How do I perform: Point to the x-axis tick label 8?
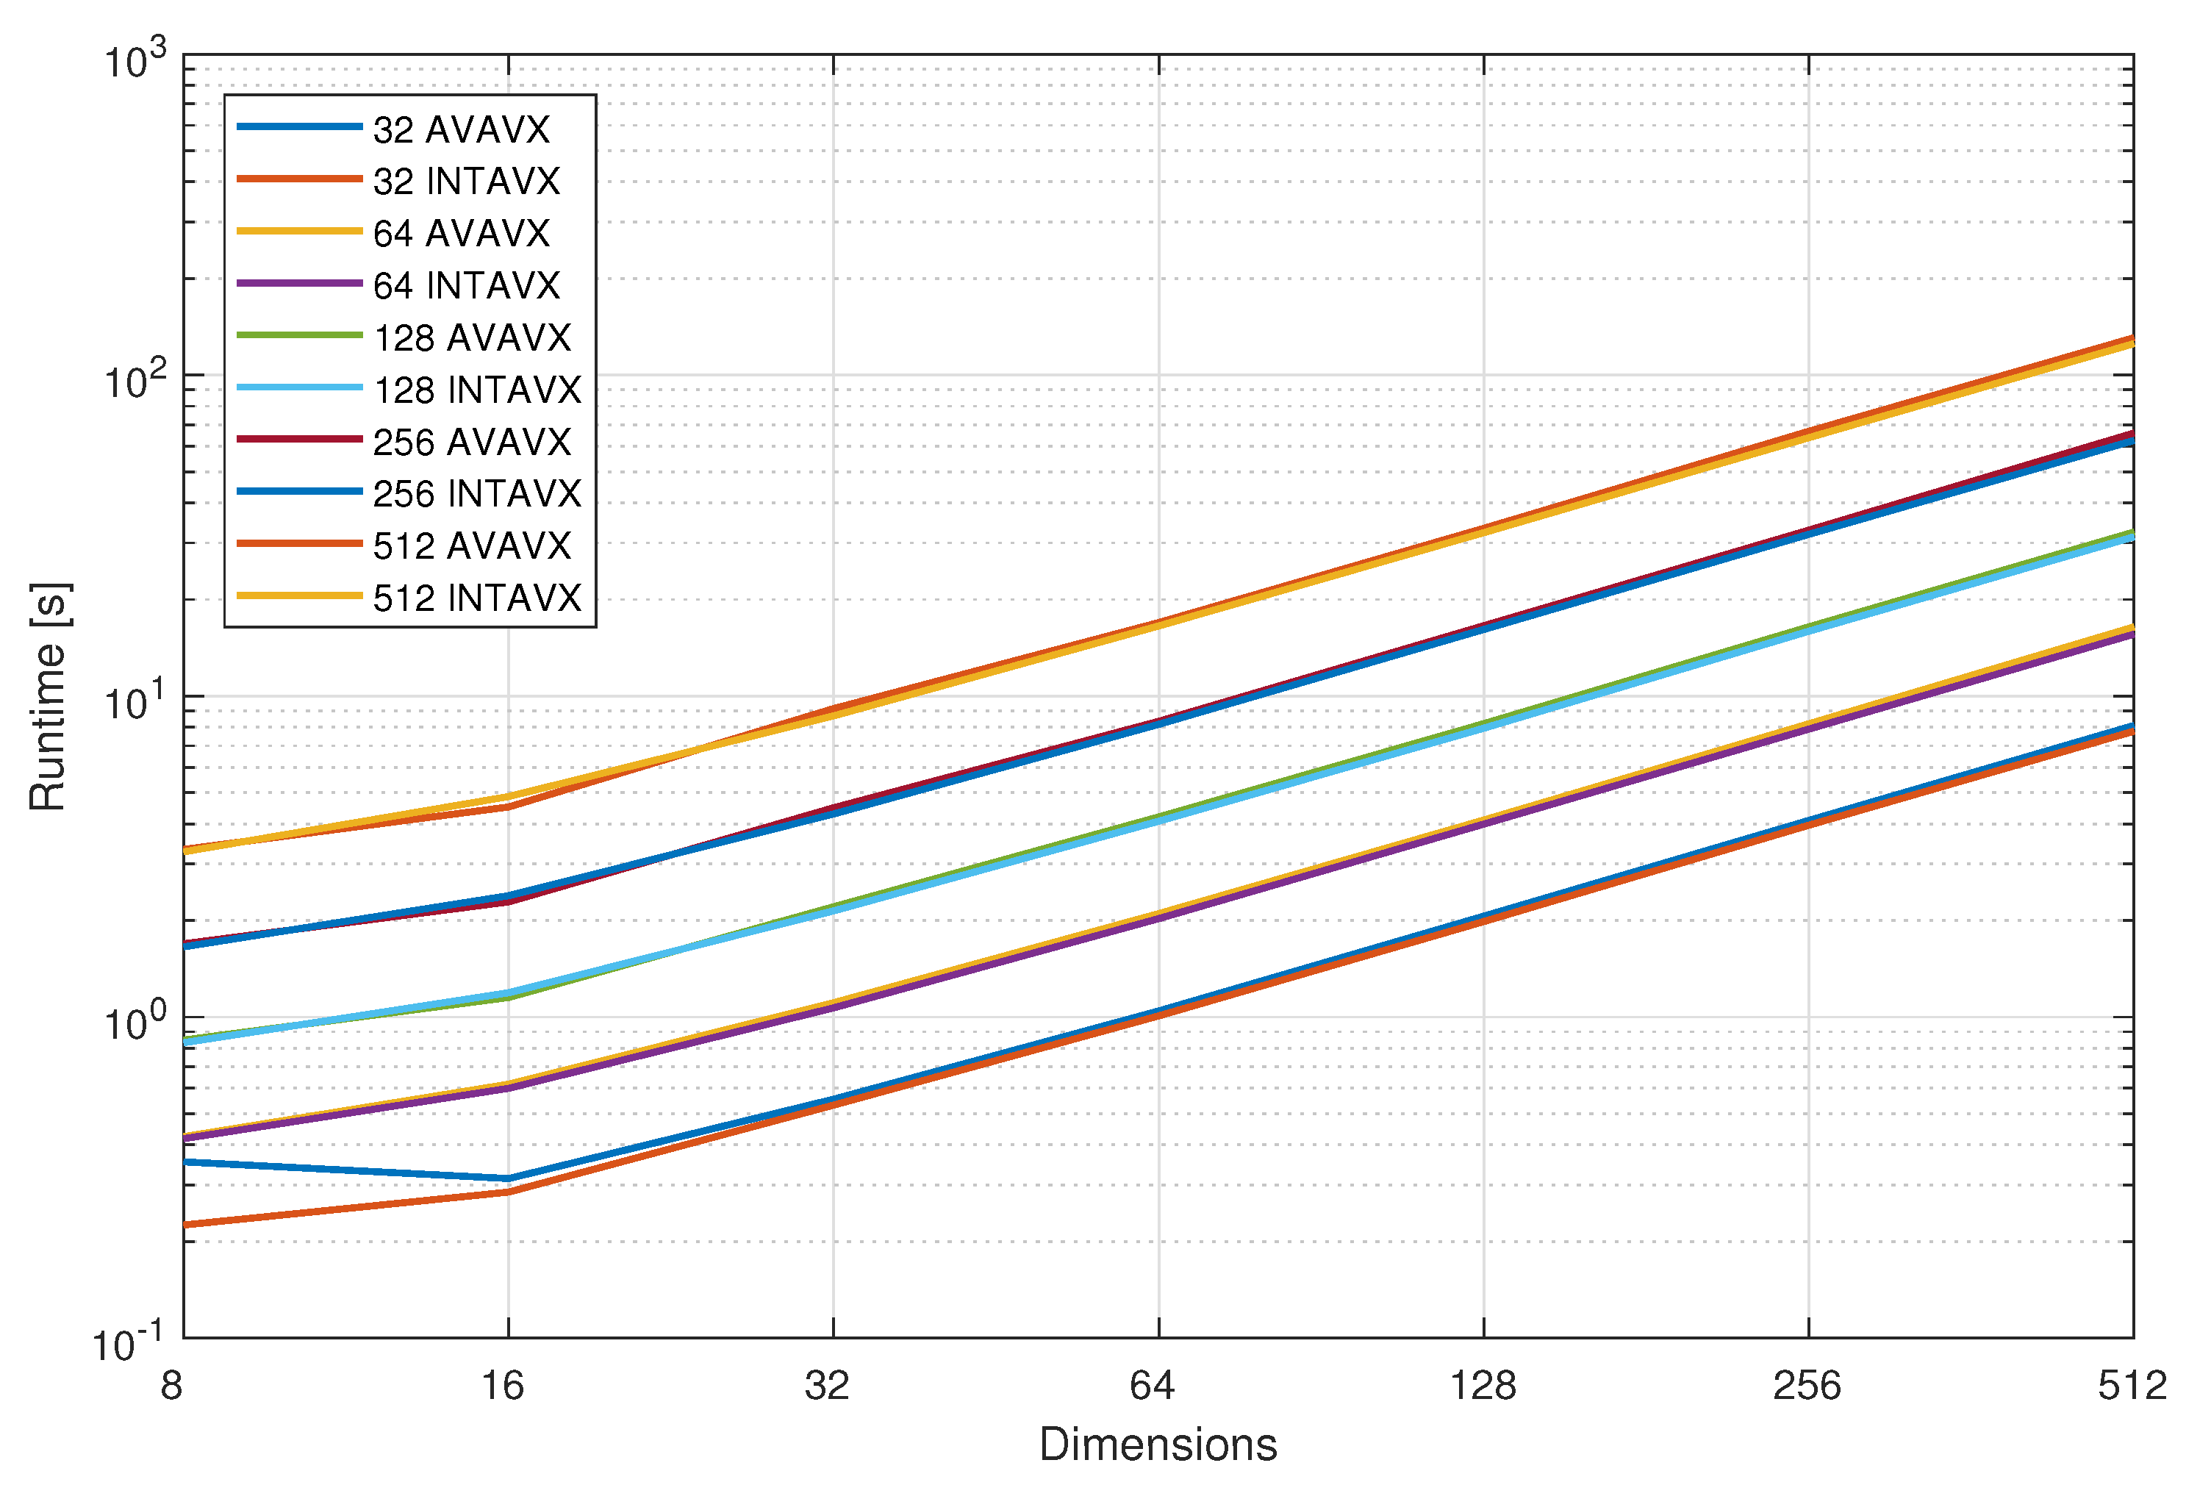(171, 1386)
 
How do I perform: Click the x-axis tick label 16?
(503, 1386)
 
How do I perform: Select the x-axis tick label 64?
(1153, 1386)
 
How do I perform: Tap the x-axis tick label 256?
(1807, 1386)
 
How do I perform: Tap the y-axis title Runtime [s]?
(47, 697)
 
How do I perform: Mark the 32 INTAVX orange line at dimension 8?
(185, 1225)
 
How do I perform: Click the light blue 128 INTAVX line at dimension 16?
(509, 993)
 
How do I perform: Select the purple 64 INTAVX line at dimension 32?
(834, 1009)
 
